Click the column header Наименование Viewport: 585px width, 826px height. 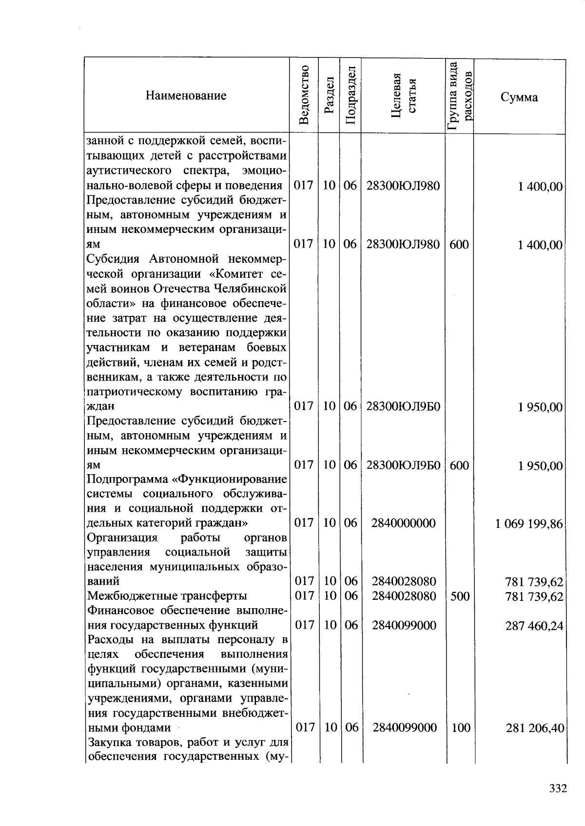pyautogui.click(x=186, y=96)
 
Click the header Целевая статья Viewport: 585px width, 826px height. pyautogui.click(x=403, y=95)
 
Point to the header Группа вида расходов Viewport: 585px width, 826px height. pyautogui.click(x=460, y=96)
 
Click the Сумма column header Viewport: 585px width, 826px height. pyautogui.click(x=519, y=97)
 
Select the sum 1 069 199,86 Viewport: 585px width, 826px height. pyautogui.click(x=529, y=524)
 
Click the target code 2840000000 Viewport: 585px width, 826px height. pyautogui.click(x=403, y=523)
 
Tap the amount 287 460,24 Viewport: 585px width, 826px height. pyautogui.click(x=534, y=625)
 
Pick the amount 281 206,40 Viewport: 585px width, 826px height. pyautogui.click(x=535, y=728)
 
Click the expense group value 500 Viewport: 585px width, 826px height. pyautogui.click(x=460, y=596)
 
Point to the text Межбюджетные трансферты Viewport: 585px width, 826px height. pyautogui.click(x=167, y=596)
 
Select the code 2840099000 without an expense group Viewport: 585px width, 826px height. pyautogui.click(x=404, y=625)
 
